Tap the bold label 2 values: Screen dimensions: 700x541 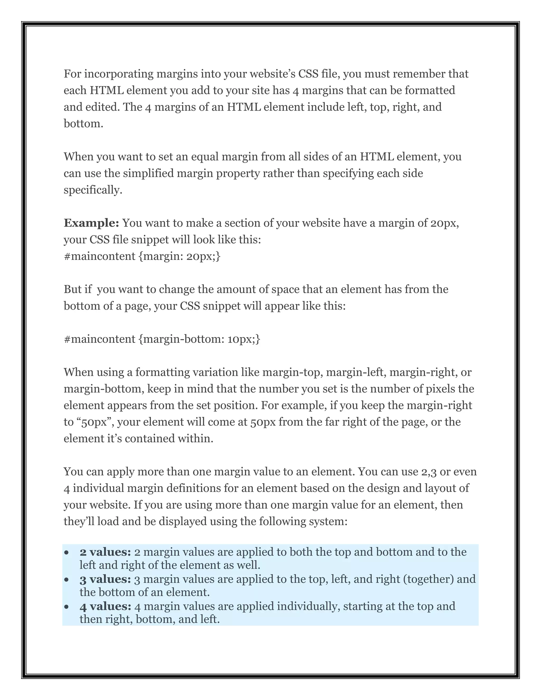click(105, 552)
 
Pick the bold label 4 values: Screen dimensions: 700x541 click(105, 606)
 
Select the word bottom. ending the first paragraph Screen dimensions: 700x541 click(83, 123)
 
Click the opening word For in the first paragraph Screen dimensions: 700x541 click(72, 74)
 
